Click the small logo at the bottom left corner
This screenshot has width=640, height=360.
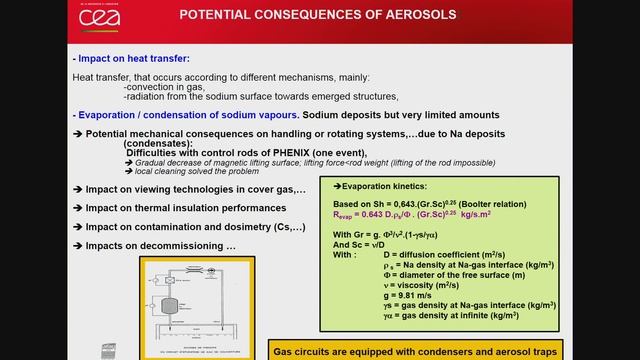[110, 349]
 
